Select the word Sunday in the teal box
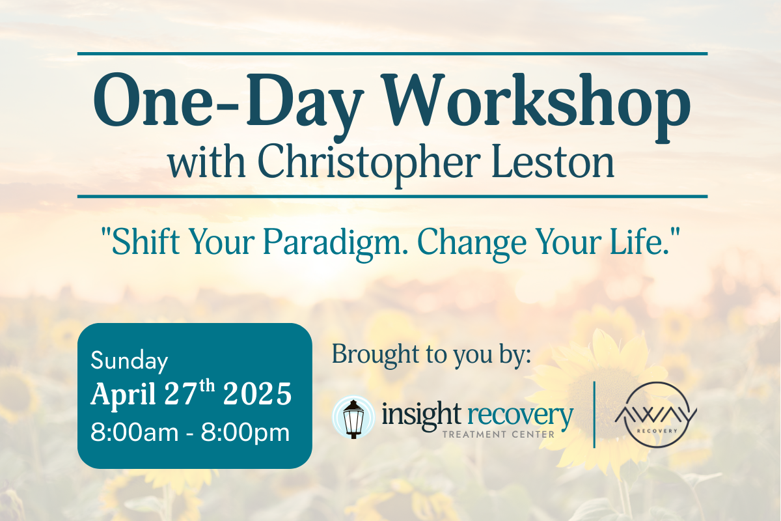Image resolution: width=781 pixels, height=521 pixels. click(130, 360)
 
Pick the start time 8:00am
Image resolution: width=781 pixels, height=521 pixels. click(133, 432)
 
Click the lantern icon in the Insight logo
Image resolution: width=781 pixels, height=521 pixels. click(354, 417)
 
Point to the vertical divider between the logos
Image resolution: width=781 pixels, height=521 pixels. click(595, 415)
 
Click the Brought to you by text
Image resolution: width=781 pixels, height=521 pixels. click(432, 355)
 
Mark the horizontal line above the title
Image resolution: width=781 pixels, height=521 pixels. click(392, 53)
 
